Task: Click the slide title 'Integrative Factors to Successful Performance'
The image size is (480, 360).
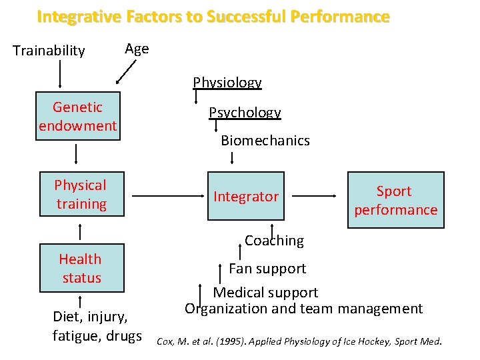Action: point(213,17)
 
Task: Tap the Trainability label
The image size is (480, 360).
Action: point(49,51)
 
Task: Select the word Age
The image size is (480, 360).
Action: point(137,49)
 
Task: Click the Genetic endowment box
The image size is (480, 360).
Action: point(78,117)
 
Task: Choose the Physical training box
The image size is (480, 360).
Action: point(81,195)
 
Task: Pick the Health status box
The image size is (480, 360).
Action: point(81,268)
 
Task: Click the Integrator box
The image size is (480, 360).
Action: point(246,197)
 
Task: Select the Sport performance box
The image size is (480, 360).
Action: point(395,200)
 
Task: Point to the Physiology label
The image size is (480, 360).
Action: point(227,83)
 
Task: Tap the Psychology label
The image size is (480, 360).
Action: point(245,113)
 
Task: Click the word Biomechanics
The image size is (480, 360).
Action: point(265,141)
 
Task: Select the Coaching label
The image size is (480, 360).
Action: point(274,241)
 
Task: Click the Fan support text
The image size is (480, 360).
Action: point(267,269)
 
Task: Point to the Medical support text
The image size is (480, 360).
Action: point(265,293)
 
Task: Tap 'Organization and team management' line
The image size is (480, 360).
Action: point(303,309)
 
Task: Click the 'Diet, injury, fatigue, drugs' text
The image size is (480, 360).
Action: point(97,326)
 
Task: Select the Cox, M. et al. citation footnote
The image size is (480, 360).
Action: point(299,342)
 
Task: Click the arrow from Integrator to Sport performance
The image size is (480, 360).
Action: point(313,197)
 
